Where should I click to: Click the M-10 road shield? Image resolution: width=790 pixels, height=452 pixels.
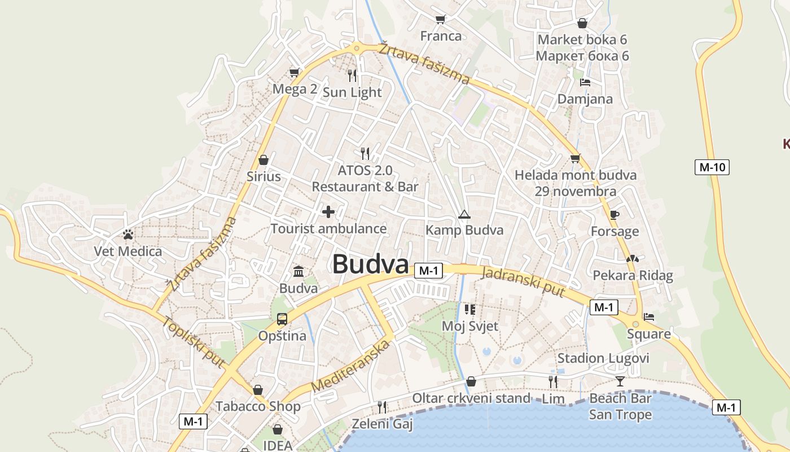tap(712, 167)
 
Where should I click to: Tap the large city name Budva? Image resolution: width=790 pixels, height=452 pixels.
tap(370, 264)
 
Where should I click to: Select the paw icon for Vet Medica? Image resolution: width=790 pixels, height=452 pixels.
tap(128, 234)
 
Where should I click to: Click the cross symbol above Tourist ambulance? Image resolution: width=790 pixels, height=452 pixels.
tap(328, 212)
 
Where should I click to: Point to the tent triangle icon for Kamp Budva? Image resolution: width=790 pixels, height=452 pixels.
tap(464, 214)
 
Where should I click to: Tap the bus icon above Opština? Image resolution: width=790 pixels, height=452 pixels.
tap(282, 319)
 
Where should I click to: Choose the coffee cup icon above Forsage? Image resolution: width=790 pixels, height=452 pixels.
tap(614, 215)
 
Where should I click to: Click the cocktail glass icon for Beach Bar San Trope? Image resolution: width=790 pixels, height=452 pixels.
tap(620, 381)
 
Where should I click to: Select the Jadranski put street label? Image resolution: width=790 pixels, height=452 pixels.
tap(523, 281)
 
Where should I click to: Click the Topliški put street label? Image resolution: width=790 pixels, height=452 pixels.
tap(194, 342)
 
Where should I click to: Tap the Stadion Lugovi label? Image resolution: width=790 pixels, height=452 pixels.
tap(603, 358)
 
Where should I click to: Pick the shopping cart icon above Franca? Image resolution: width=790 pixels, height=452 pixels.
tap(441, 19)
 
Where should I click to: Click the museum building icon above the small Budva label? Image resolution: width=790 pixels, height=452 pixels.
tap(299, 272)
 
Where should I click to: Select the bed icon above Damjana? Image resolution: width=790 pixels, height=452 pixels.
tap(585, 82)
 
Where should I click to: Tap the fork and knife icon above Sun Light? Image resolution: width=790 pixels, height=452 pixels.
tap(353, 76)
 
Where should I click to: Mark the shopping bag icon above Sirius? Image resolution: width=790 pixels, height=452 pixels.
tap(263, 160)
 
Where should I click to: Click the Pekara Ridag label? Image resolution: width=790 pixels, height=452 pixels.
tap(633, 276)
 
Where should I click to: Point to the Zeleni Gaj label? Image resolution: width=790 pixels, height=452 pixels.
tap(382, 424)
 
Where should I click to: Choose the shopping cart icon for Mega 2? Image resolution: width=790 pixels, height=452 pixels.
tap(294, 72)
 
